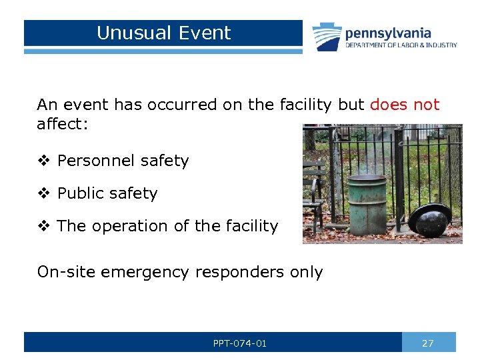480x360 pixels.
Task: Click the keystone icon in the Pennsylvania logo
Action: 327,37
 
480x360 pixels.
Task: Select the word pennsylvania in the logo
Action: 388,33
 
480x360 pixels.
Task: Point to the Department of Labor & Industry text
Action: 401,45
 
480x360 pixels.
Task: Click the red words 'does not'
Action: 405,105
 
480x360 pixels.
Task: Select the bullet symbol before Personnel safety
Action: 44,161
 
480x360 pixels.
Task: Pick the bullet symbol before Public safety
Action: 44,193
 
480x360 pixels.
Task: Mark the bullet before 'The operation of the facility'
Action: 44,226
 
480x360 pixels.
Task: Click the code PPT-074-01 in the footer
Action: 240,343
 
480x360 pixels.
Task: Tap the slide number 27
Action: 428,343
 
